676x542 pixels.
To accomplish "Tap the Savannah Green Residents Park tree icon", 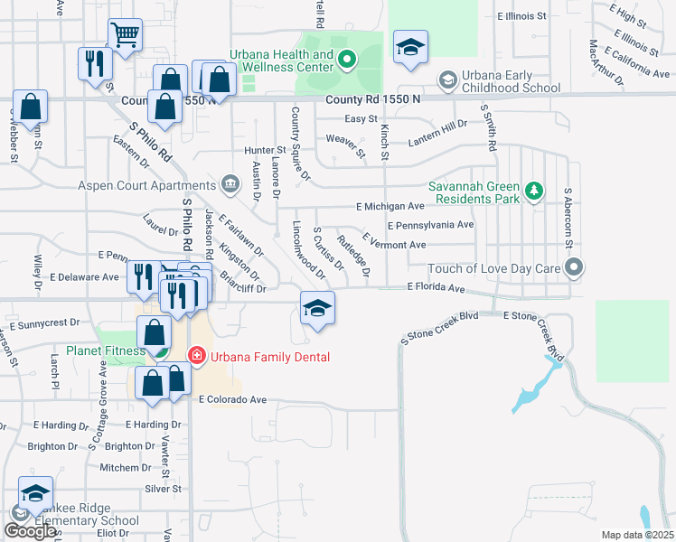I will pos(535,191).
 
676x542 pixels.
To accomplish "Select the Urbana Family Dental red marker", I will pos(194,357).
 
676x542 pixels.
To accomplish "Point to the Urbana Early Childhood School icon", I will pos(446,80).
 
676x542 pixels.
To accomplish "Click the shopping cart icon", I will pos(125,35).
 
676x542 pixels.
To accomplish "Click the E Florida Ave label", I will pos(436,288).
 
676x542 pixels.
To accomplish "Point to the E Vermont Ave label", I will pos(393,244).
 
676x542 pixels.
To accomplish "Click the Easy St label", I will pos(361,118).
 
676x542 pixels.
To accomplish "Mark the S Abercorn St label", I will pos(568,219).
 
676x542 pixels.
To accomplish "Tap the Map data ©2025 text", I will pos(636,535).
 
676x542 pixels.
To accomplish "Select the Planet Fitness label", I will pos(105,350).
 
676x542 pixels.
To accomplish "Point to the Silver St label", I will pos(163,489).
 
